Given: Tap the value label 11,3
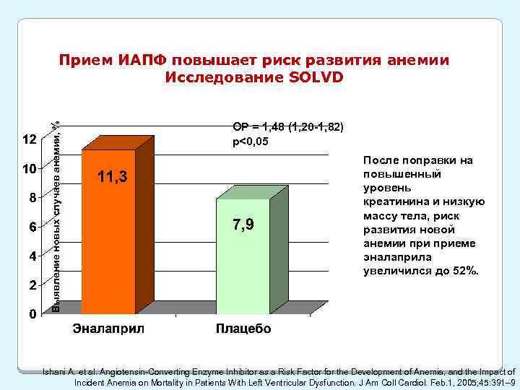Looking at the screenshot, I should coord(113,177).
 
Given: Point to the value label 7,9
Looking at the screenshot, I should coord(243,225).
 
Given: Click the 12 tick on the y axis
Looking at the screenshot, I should coord(30,139).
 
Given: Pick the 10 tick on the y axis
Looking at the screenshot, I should coord(30,169).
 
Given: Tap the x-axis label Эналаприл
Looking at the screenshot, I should coord(109,330).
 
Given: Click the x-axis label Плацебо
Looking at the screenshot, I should coord(243,330).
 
